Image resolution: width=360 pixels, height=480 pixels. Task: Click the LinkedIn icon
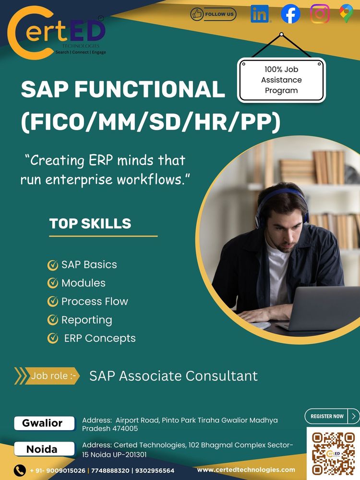[x=260, y=14]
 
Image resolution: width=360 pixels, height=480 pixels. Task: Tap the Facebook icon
[x=290, y=14]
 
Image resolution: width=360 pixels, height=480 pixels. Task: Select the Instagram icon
[x=320, y=14]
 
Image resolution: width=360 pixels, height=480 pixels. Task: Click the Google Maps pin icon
[x=346, y=14]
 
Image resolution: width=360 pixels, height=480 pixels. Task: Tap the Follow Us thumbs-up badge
[x=214, y=14]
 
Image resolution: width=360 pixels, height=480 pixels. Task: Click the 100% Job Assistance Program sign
[x=281, y=80]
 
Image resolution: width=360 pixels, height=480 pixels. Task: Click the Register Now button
[x=332, y=416]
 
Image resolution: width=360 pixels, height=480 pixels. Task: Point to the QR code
[x=334, y=454]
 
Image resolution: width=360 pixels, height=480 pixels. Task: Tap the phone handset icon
[x=20, y=470]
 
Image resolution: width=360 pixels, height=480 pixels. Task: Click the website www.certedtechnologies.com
[x=246, y=470]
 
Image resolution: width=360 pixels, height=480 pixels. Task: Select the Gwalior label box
[x=44, y=423]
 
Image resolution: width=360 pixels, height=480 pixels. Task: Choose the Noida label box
[x=44, y=449]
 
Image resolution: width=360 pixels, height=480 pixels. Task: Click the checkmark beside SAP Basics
[x=53, y=265]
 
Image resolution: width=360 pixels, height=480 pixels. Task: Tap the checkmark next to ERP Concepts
[x=53, y=338]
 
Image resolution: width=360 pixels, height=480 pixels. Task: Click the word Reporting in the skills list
[x=86, y=320]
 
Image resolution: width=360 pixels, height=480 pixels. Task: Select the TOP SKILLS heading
[x=90, y=224]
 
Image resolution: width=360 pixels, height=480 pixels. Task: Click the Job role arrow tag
[x=47, y=376]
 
